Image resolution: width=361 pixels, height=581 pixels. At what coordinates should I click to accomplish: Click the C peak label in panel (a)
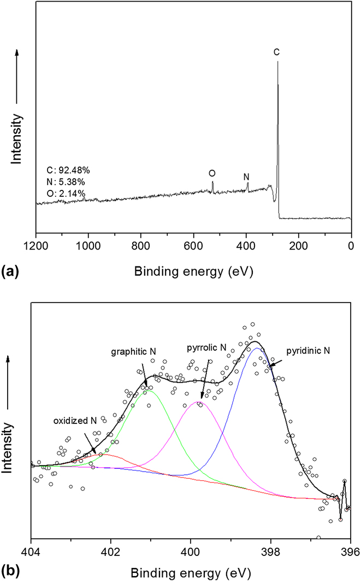coord(276,53)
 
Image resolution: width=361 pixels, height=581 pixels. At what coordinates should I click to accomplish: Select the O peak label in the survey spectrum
coord(212,173)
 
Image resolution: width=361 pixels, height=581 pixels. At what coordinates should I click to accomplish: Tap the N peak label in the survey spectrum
coord(246,177)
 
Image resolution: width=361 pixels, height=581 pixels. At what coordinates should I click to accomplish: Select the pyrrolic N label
coord(205,347)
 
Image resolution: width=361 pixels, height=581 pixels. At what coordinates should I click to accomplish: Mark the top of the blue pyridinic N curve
coord(257,348)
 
